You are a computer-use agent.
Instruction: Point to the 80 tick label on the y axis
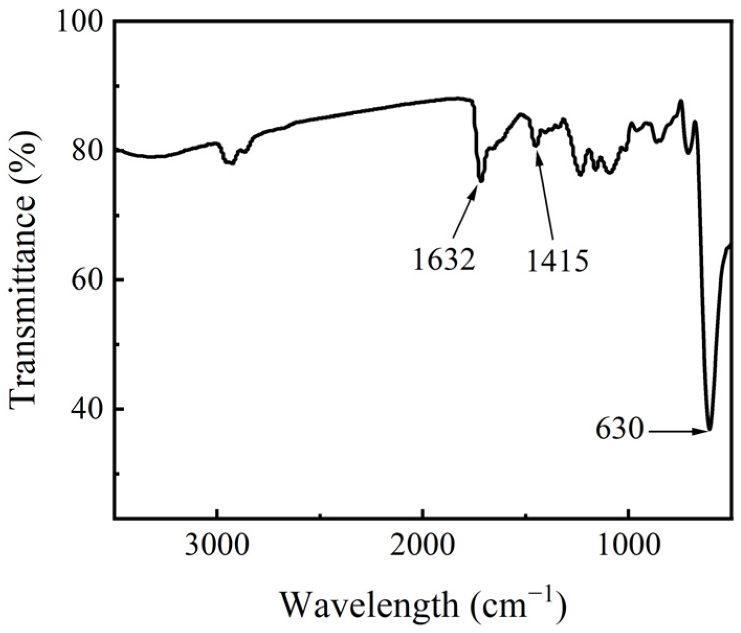tap(89, 151)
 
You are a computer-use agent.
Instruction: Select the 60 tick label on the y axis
tap(89, 280)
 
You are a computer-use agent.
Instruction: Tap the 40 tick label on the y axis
tap(89, 409)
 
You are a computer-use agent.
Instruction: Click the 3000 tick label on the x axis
tap(217, 546)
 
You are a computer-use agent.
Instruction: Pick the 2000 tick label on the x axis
tap(422, 546)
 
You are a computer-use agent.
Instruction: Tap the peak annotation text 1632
tap(444, 259)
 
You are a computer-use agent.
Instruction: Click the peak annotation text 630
tap(619, 430)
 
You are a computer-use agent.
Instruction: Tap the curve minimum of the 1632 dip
tap(481, 181)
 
